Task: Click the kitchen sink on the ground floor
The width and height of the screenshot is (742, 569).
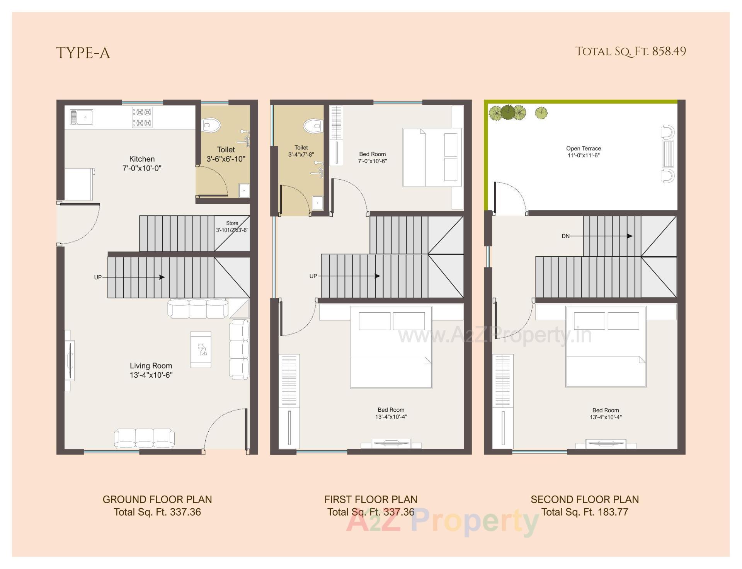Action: pyautogui.click(x=82, y=117)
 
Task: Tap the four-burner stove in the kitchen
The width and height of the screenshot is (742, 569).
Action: pyautogui.click(x=142, y=118)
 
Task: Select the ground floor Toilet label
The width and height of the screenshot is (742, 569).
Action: pyautogui.click(x=226, y=150)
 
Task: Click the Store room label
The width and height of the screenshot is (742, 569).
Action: pyautogui.click(x=232, y=223)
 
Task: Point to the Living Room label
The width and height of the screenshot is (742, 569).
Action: pyautogui.click(x=151, y=366)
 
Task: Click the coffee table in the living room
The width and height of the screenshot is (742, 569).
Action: pyautogui.click(x=201, y=349)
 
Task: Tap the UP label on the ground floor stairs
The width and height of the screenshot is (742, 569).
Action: pyautogui.click(x=98, y=277)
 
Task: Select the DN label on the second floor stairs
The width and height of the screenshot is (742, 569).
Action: pyautogui.click(x=565, y=236)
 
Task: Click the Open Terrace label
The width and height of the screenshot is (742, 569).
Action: pyautogui.click(x=583, y=148)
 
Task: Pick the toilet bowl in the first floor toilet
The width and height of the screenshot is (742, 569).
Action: pyautogui.click(x=313, y=126)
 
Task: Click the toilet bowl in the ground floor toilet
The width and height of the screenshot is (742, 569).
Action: pyautogui.click(x=211, y=124)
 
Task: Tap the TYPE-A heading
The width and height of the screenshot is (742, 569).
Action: pyautogui.click(x=83, y=53)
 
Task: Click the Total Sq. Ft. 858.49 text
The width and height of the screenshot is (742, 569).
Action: pyautogui.click(x=630, y=51)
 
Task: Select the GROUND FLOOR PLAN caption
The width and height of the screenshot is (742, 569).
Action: pyautogui.click(x=157, y=499)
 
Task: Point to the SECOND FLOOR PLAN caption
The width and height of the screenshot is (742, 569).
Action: pyautogui.click(x=584, y=499)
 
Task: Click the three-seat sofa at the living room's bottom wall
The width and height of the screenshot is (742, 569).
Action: pyautogui.click(x=144, y=438)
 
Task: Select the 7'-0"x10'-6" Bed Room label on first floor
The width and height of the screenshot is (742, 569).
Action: pyautogui.click(x=372, y=158)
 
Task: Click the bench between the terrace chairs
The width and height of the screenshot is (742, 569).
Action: pyautogui.click(x=668, y=154)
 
